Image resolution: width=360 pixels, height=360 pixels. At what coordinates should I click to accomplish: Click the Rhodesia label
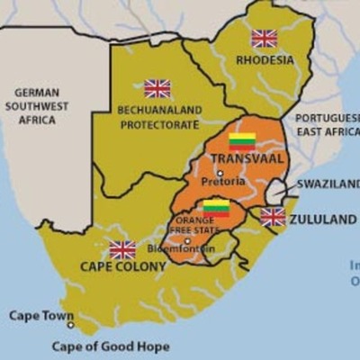click(x=265, y=60)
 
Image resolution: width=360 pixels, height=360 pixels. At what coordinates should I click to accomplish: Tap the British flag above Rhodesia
click(x=264, y=38)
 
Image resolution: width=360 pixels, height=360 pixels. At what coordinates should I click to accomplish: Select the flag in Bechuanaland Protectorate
click(x=157, y=88)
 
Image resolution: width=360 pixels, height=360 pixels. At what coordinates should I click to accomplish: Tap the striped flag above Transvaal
click(x=243, y=140)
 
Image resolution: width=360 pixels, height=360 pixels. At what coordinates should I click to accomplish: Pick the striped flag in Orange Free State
click(x=216, y=209)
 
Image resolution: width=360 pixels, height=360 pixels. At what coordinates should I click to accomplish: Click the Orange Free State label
click(x=194, y=225)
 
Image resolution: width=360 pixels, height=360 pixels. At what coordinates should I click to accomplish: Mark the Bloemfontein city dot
click(x=187, y=240)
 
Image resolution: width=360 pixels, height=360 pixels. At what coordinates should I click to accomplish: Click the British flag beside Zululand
click(x=273, y=217)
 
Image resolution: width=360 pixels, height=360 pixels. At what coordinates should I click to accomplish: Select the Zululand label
click(x=322, y=219)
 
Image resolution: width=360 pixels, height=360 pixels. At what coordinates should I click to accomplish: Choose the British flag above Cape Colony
click(x=122, y=249)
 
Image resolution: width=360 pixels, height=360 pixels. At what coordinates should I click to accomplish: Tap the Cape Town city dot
click(x=70, y=326)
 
